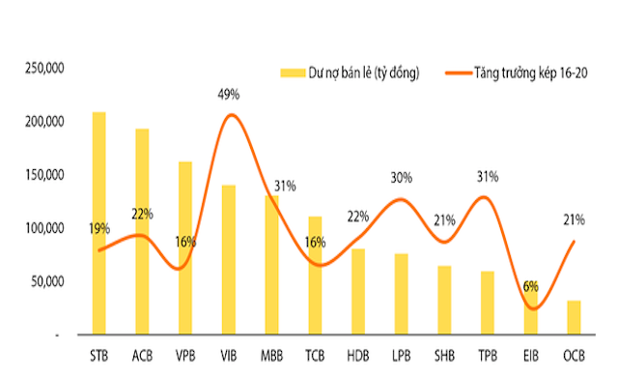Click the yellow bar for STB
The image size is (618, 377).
click(99, 222)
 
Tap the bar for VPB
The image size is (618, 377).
click(185, 247)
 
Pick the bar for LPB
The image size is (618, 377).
click(401, 294)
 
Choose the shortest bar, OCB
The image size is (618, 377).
click(574, 317)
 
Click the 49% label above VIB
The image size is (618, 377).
click(229, 95)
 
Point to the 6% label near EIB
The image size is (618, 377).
click(529, 287)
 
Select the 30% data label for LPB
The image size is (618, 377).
click(401, 178)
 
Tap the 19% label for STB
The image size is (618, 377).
click(99, 229)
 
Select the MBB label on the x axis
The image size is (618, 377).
click(271, 354)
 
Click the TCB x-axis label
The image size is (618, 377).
click(315, 354)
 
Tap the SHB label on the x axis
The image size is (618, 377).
click(444, 354)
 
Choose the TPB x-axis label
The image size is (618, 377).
click(487, 354)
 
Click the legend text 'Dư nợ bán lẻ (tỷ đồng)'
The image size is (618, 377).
click(363, 73)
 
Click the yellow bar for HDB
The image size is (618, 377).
click(358, 291)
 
